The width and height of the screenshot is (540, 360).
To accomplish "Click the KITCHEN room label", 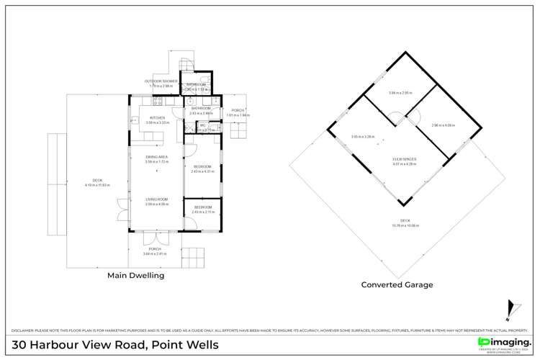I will tap(157, 117).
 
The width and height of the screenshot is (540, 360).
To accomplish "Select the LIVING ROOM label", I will tap(157, 199).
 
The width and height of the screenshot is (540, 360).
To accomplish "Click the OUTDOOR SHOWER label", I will tap(161, 81).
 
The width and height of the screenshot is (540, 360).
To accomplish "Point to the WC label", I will tap(203, 125).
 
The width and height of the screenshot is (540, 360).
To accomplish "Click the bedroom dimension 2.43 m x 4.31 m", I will tap(201, 171).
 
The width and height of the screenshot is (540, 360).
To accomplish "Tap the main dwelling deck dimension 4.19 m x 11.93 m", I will tap(98, 185).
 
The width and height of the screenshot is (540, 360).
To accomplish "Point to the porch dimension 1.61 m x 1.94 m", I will tap(238, 115).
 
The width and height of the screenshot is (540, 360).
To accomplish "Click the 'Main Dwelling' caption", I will tap(135, 275).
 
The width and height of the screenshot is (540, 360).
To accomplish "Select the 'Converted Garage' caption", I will tap(397, 284).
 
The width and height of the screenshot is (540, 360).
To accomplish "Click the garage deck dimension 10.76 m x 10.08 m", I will tap(405, 225).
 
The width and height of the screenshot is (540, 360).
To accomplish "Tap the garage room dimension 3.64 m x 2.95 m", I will tap(400, 93).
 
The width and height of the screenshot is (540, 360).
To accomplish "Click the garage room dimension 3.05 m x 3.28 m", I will tap(364, 137).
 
